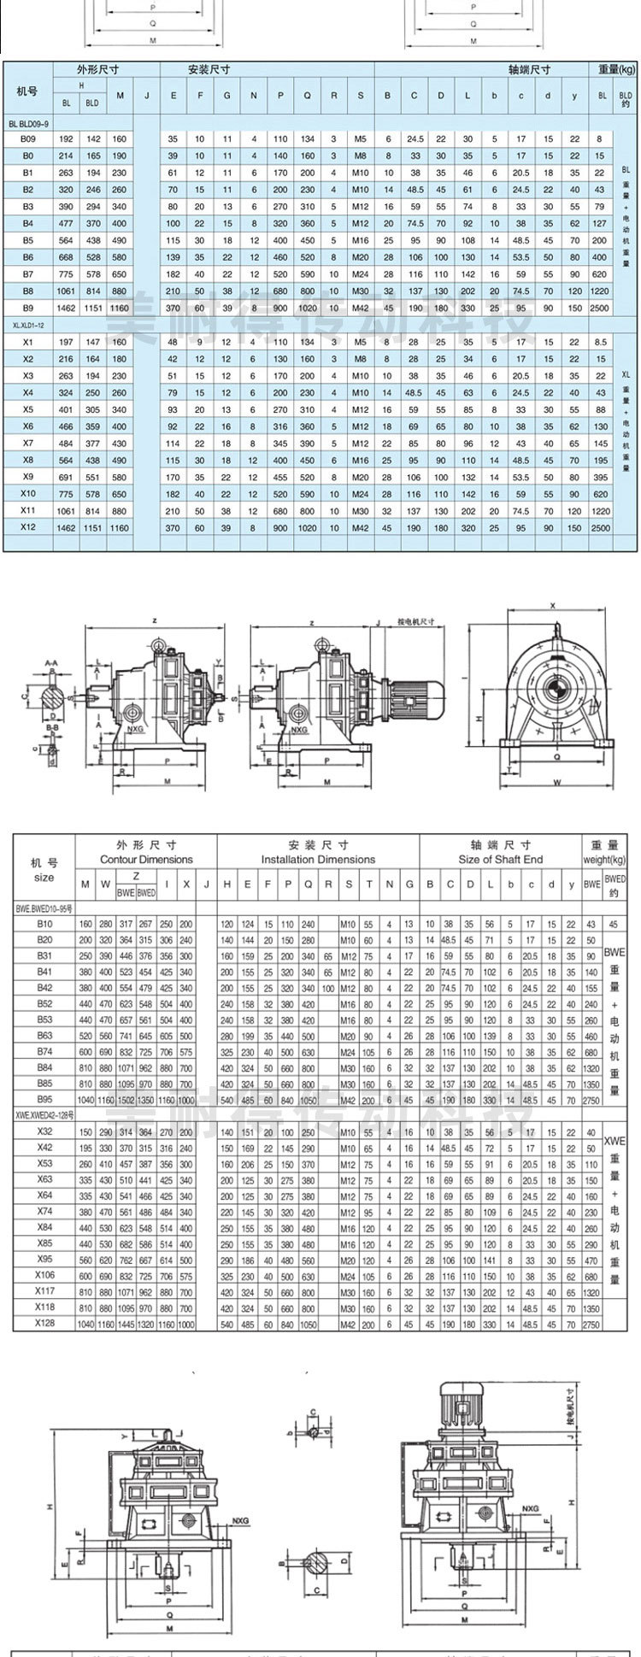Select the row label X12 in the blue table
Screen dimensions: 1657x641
pyautogui.click(x=27, y=527)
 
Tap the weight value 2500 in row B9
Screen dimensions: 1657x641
pyautogui.click(x=601, y=306)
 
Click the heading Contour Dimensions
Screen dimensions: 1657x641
pyautogui.click(x=146, y=859)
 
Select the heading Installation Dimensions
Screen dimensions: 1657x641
pyautogui.click(x=318, y=859)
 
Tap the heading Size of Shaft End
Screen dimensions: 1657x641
pyautogui.click(x=500, y=859)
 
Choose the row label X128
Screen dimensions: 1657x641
pyautogui.click(x=44, y=1324)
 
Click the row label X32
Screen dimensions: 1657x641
pyautogui.click(x=44, y=1131)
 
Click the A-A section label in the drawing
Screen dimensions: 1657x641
pyautogui.click(x=52, y=661)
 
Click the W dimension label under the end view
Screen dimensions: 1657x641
pyautogui.click(x=556, y=781)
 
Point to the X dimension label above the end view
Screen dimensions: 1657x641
pyautogui.click(x=553, y=605)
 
